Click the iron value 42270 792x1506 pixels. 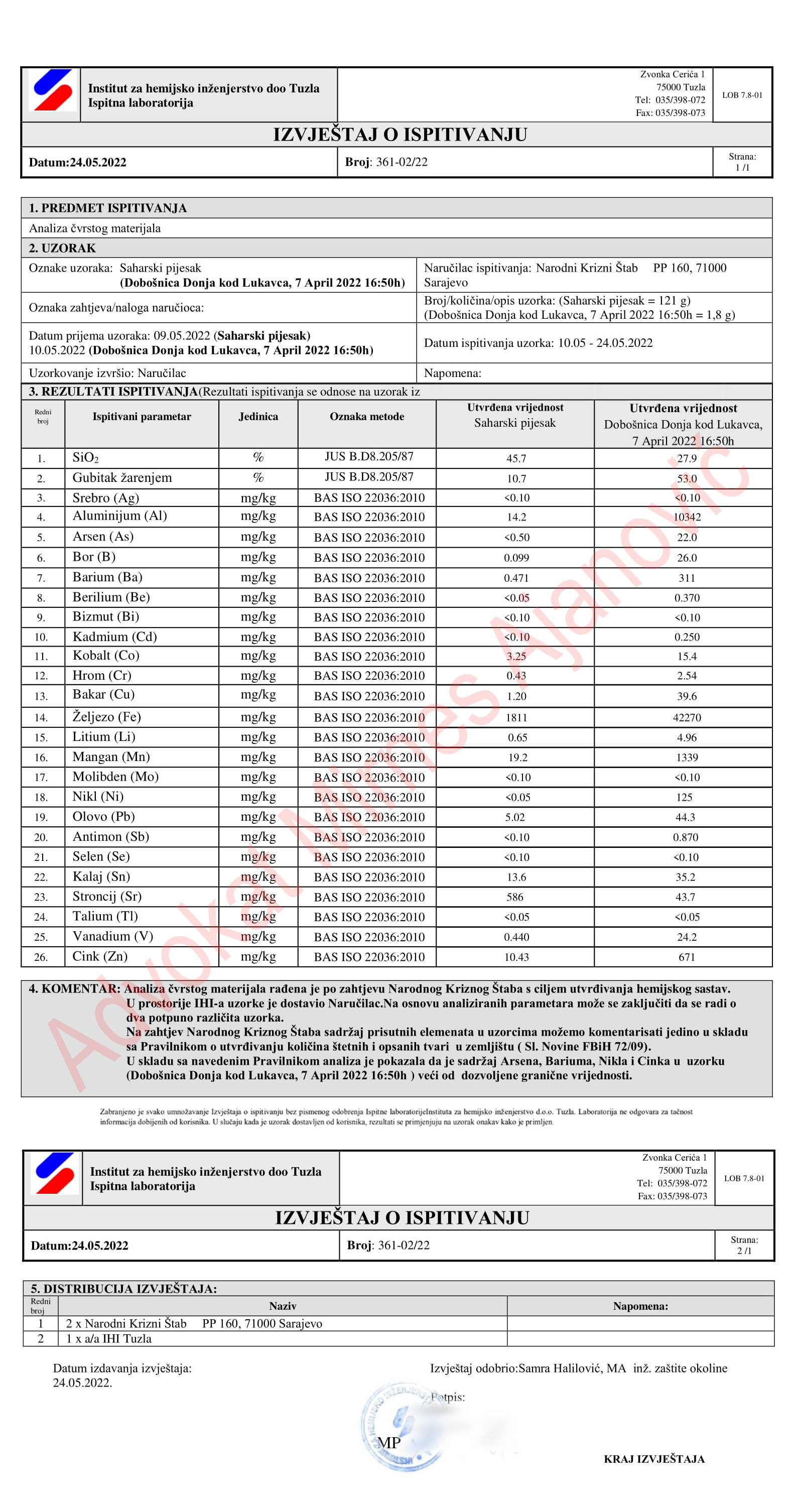687,717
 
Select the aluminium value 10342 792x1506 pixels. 687,517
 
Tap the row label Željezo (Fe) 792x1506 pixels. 106,717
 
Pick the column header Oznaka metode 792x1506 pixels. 366,416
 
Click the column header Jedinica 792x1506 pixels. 258,416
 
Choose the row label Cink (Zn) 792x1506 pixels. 99,956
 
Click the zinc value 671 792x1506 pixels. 687,957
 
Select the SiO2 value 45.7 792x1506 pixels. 516,458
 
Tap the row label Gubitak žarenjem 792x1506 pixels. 121,477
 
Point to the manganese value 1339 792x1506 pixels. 687,757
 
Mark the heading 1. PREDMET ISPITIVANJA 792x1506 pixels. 107,208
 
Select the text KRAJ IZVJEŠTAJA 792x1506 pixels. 654,1459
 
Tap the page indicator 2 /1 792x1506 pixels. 744,1250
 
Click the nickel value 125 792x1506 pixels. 685,797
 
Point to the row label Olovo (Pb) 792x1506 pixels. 103,817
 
